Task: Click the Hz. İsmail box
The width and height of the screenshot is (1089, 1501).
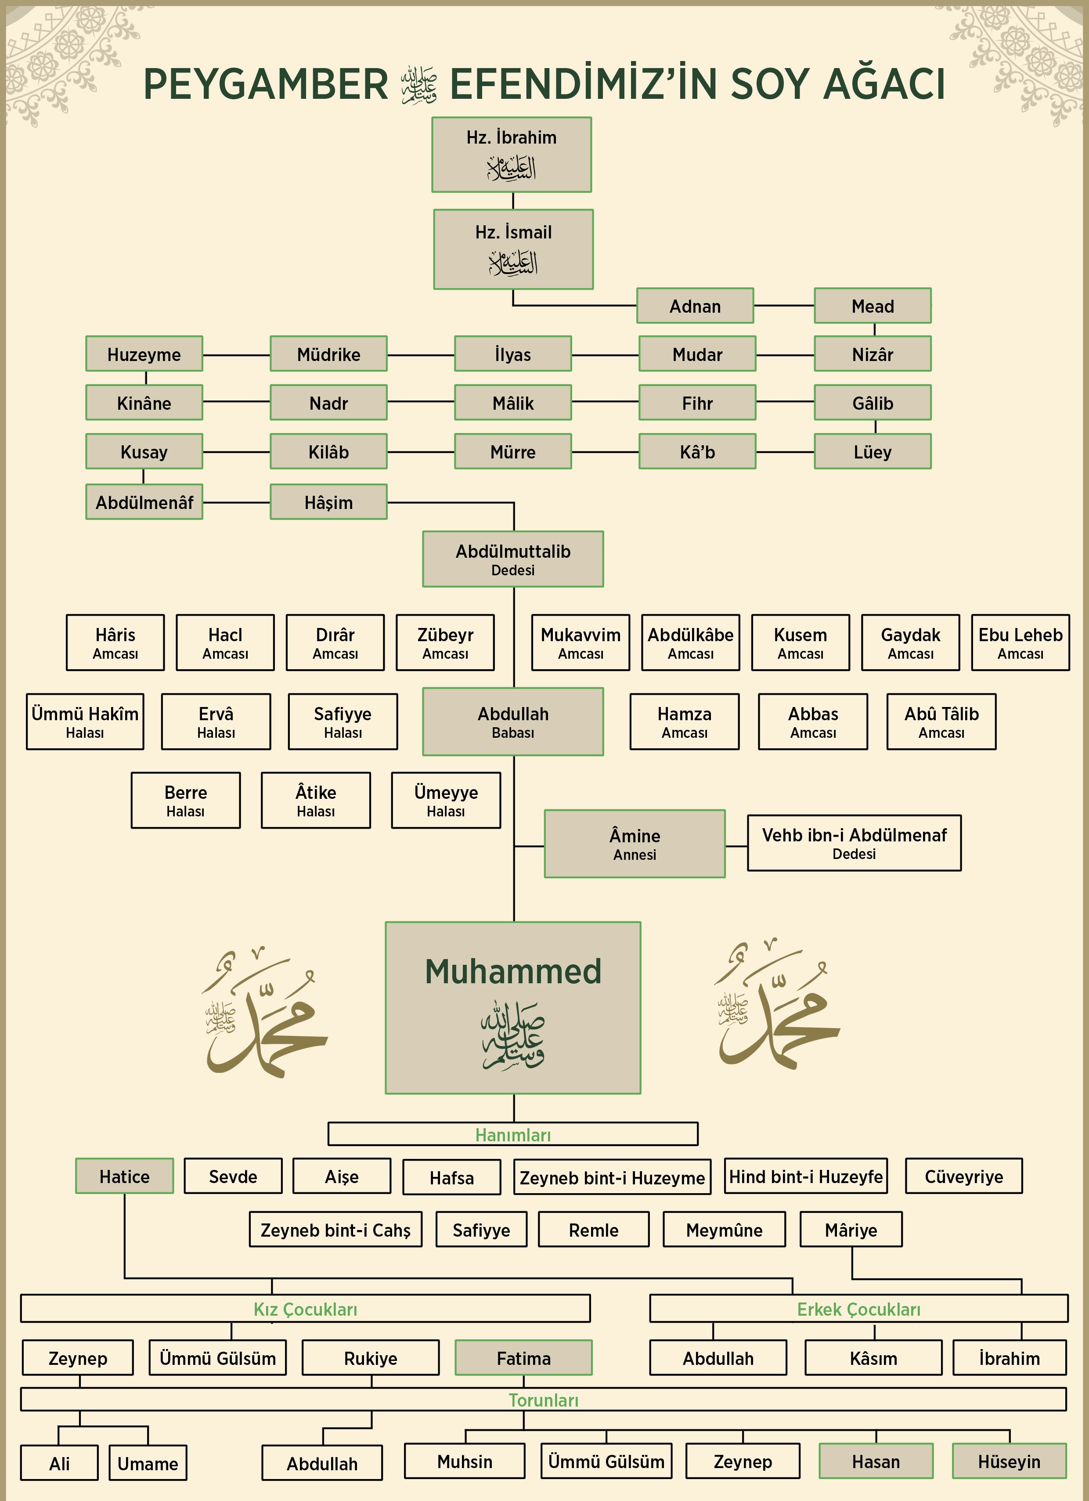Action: click(x=513, y=249)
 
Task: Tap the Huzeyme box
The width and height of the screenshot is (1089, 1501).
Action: click(x=144, y=354)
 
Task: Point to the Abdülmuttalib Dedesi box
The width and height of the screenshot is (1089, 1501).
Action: click(x=513, y=559)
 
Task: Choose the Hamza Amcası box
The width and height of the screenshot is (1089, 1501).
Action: click(x=684, y=722)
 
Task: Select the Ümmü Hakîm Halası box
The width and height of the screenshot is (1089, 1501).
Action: click(x=85, y=722)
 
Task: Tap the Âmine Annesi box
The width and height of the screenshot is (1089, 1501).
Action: click(x=635, y=844)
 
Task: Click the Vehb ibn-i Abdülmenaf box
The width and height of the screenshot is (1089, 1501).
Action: click(x=854, y=842)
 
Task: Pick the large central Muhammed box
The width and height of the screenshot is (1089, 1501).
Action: click(x=513, y=1007)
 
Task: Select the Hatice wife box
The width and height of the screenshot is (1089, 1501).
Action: click(x=124, y=1176)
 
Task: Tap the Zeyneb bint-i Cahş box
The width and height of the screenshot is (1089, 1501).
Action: click(x=335, y=1230)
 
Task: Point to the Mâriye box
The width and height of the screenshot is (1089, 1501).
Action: click(x=851, y=1230)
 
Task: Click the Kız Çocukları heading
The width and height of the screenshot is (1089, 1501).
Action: click(x=305, y=1309)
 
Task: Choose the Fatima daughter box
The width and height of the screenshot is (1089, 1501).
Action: click(x=523, y=1358)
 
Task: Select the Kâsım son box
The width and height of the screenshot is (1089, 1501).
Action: click(x=873, y=1358)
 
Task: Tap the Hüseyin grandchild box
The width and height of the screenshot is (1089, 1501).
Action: click(x=1009, y=1461)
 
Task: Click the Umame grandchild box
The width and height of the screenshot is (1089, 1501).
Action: click(x=148, y=1463)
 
